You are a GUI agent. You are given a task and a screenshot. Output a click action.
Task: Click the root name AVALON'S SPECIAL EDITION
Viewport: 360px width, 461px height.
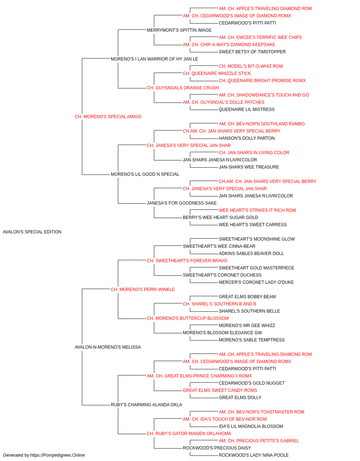click(x=32, y=232)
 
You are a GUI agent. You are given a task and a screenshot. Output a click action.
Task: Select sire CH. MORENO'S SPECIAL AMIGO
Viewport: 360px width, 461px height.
click(x=108, y=117)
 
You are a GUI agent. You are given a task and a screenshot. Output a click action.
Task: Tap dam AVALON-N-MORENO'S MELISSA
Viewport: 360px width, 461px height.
click(x=108, y=347)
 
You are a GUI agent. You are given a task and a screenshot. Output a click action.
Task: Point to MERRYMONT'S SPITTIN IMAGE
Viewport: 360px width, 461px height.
click(x=179, y=30)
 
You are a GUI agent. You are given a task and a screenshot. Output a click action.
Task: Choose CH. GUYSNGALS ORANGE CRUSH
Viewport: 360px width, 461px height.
click(x=183, y=88)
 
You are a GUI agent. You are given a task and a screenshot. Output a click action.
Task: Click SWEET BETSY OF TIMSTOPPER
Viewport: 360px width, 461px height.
click(x=252, y=52)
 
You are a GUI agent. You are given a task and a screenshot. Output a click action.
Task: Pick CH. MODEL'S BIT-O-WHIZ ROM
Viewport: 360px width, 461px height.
click(x=251, y=66)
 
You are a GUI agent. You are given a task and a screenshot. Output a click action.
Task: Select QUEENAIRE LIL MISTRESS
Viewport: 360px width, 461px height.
click(x=247, y=109)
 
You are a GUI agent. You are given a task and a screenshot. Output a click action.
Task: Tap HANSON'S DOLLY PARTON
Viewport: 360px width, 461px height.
click(x=247, y=138)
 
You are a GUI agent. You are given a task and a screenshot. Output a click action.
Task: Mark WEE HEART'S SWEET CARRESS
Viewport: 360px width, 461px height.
click(x=252, y=225)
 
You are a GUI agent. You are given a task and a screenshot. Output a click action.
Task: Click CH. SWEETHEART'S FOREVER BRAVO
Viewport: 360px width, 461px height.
click(x=187, y=261)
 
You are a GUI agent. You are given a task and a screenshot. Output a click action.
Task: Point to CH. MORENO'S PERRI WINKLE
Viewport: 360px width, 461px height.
click(x=143, y=290)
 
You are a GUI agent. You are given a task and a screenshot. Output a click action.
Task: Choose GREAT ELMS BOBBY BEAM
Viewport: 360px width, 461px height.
click(x=247, y=297)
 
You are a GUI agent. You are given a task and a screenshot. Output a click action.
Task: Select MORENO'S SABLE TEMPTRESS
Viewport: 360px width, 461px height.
click(x=251, y=340)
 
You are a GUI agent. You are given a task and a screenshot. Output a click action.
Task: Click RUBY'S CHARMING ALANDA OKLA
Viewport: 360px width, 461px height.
click(x=146, y=405)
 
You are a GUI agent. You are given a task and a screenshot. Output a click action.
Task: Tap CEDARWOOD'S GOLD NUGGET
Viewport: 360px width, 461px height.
click(x=251, y=383)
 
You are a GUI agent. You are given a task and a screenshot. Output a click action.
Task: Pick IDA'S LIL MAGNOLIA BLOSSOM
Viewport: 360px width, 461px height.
click(x=251, y=426)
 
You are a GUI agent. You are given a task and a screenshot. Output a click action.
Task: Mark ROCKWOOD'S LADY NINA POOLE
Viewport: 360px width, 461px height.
click(x=253, y=455)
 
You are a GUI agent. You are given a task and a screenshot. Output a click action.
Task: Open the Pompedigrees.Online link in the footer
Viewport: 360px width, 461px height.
click(x=57, y=455)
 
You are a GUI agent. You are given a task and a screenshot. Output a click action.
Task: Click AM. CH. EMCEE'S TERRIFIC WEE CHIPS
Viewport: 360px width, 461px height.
click(x=260, y=37)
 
